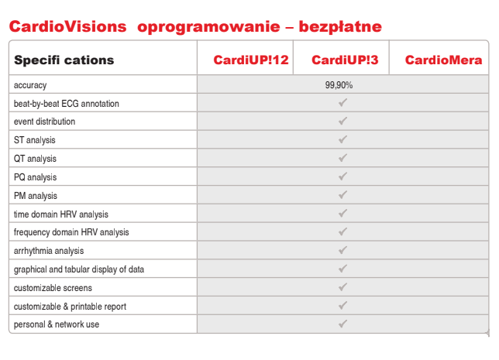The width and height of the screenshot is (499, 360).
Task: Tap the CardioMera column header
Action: (x=443, y=60)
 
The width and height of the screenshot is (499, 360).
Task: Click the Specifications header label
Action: (x=64, y=60)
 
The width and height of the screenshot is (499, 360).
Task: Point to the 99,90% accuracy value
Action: (x=340, y=85)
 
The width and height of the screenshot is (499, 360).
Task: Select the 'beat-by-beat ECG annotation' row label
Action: (x=67, y=104)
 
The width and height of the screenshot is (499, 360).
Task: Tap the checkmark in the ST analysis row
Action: (x=342, y=139)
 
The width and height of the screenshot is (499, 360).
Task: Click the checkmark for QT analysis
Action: (x=342, y=158)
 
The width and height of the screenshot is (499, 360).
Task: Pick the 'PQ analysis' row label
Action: (x=36, y=177)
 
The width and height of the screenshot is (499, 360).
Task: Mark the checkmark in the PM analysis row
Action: (x=342, y=195)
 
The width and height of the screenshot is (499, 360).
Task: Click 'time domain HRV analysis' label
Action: (x=61, y=214)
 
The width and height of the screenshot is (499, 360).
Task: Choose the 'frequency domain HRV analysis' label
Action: (x=71, y=232)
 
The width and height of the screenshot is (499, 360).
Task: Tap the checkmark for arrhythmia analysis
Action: (x=342, y=250)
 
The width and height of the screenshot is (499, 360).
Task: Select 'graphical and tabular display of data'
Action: (x=79, y=269)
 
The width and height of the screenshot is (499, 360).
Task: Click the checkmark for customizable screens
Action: (x=342, y=287)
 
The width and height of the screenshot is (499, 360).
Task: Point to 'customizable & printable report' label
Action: (x=70, y=307)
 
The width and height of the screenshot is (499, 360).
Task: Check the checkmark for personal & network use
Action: (x=342, y=324)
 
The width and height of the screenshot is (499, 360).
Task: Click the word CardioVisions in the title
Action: (x=67, y=26)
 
